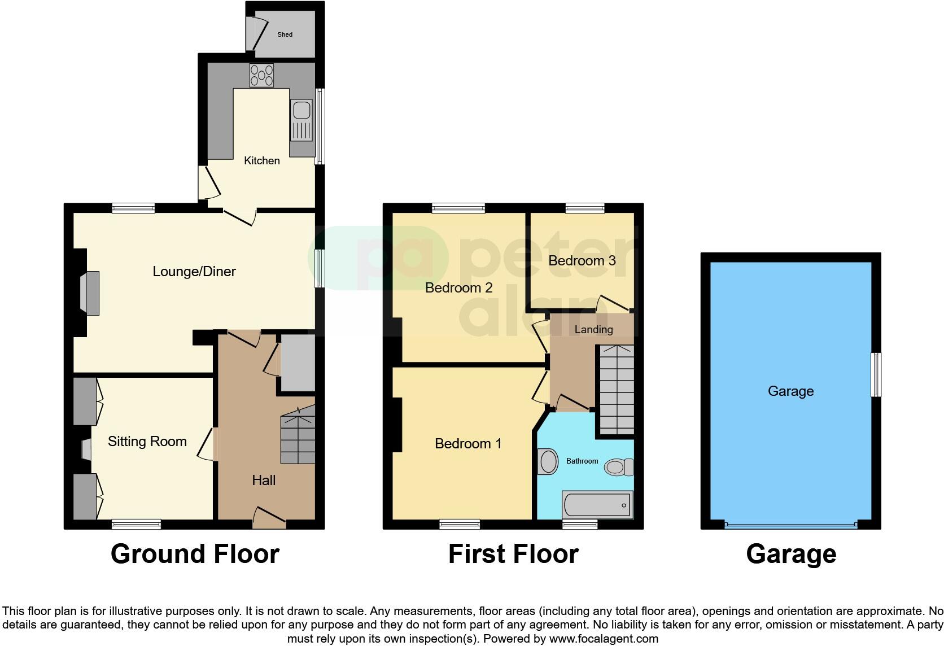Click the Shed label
point(285,34)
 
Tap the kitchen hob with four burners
point(261,76)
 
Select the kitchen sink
point(301,120)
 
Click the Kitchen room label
point(261,161)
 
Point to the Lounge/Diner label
point(194,272)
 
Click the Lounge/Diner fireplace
point(90,293)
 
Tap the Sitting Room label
point(147,442)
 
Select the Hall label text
point(264,481)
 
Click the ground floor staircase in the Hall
point(298,438)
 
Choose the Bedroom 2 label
point(458,288)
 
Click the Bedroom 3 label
point(582,261)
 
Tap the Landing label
point(593,330)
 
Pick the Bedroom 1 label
point(468,444)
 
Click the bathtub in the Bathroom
point(597,504)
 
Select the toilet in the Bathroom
point(619,468)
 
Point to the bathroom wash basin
point(548,462)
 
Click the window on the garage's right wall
point(876,374)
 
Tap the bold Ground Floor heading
point(195,555)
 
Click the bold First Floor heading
point(513,555)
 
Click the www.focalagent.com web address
point(604,639)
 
